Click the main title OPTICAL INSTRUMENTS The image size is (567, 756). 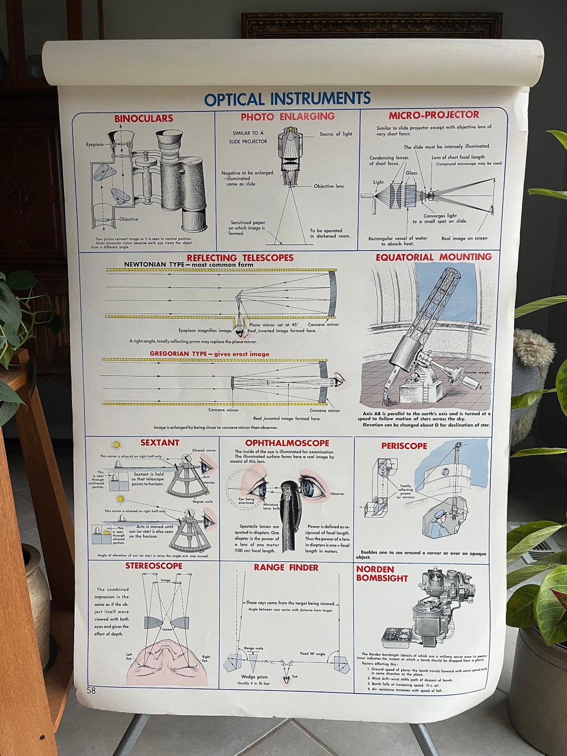[x=287, y=99]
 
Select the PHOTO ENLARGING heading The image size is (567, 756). [x=287, y=117]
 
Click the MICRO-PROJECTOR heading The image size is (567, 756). [x=434, y=115]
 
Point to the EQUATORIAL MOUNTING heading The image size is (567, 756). [x=434, y=257]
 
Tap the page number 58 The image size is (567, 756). [x=91, y=690]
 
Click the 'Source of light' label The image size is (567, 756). [x=336, y=134]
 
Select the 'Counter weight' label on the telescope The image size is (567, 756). [x=477, y=372]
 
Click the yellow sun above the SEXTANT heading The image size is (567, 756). [x=116, y=445]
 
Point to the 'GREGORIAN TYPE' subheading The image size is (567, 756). [x=178, y=354]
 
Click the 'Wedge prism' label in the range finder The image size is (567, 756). [x=255, y=677]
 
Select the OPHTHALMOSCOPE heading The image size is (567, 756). [x=287, y=443]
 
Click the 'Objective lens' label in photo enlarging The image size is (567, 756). [x=329, y=186]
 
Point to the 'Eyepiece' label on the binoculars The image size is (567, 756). [x=95, y=144]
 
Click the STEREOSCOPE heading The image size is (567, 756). [x=154, y=566]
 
